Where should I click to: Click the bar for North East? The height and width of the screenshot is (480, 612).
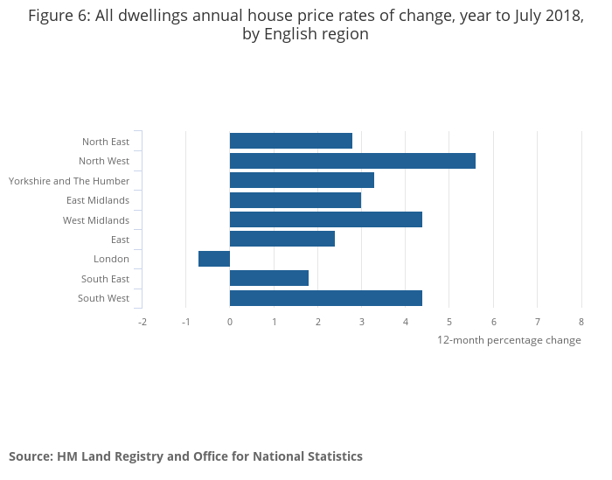(290, 141)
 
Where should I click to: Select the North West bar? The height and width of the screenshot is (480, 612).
(352, 161)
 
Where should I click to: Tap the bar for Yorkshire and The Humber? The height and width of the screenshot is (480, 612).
(302, 180)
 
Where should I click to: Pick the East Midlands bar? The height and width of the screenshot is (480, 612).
(295, 200)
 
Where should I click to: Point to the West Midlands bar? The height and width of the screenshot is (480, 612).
(325, 219)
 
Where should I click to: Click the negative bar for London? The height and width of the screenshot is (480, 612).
(214, 259)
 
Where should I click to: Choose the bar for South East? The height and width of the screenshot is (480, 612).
(268, 278)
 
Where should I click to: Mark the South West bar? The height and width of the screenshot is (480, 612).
(325, 298)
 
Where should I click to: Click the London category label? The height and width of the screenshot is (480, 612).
(111, 259)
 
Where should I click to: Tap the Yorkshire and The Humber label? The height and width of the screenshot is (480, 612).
(69, 181)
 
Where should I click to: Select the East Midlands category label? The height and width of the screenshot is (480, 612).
(98, 200)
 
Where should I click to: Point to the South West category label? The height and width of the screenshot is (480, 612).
(103, 298)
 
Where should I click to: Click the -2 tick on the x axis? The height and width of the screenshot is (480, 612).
(142, 322)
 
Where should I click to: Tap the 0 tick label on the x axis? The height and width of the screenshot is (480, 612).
(230, 322)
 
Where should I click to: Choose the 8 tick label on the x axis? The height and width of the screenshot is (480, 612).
(581, 322)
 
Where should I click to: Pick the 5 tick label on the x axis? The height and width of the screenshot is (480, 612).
(449, 322)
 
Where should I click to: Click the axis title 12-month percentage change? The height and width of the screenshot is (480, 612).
(509, 340)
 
